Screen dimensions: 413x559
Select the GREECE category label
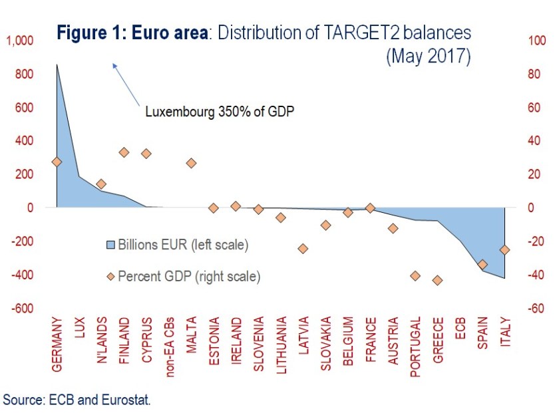pyautogui.click(x=437, y=341)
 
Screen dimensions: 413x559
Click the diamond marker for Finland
pyautogui.click(x=124, y=152)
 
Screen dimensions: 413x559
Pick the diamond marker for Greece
pyautogui.click(x=437, y=280)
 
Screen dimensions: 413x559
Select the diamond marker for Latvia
pyautogui.click(x=303, y=248)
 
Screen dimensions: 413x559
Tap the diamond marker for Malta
pyautogui.click(x=191, y=163)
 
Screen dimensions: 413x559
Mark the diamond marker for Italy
pyautogui.click(x=504, y=249)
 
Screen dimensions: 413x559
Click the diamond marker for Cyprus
pyautogui.click(x=146, y=154)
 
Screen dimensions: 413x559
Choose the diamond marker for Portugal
pyautogui.click(x=415, y=275)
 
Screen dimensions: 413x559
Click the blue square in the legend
pyautogui.click(x=111, y=245)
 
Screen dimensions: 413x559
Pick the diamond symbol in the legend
pyautogui.click(x=111, y=275)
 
